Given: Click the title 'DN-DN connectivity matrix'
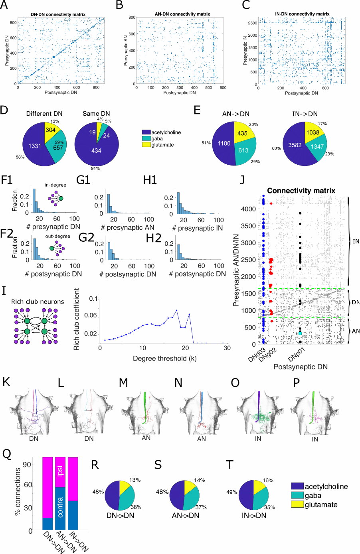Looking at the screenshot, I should (58, 14).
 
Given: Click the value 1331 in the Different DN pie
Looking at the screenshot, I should (35, 146).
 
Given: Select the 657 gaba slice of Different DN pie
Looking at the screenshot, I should (59, 147).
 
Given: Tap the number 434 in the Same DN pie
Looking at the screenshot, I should (96, 150).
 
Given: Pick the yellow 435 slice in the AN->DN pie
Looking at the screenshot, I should (242, 133).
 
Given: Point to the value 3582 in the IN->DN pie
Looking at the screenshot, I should (295, 145).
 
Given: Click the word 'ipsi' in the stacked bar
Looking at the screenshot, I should (60, 471).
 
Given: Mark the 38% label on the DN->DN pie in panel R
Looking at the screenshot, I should (136, 507).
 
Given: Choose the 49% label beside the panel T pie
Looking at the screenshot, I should (232, 492).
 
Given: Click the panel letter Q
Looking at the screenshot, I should (7, 454).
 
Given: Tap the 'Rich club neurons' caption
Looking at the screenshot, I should (38, 302).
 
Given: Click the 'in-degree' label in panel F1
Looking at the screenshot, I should (55, 185).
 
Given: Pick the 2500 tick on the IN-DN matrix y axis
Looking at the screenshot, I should (252, 23).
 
